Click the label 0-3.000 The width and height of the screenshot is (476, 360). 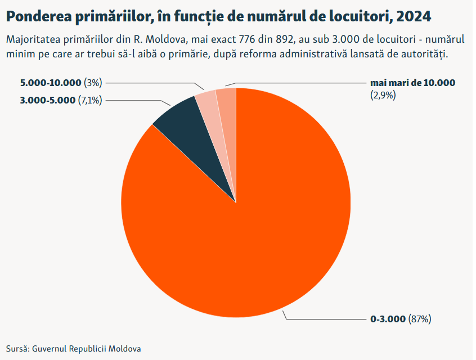coord(388,319)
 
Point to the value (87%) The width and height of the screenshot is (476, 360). coord(420,319)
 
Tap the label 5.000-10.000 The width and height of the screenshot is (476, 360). coord(51,83)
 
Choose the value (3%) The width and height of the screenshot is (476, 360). coord(92,83)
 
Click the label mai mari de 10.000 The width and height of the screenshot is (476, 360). coord(412,83)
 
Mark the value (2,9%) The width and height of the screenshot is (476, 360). coord(383,95)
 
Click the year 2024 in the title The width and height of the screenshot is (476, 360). coord(414,16)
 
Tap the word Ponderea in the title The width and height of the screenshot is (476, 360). coord(36,16)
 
